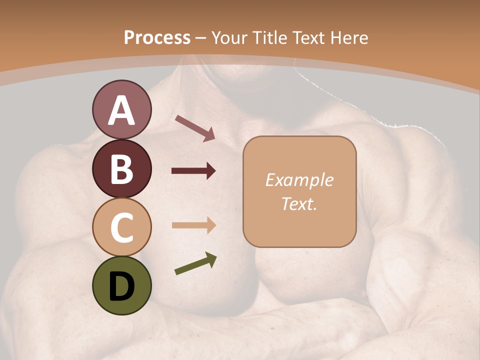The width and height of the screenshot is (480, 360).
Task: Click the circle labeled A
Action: coord(121,109)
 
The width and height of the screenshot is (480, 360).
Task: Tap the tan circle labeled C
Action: coord(121,227)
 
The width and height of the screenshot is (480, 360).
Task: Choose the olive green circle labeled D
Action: coord(121,285)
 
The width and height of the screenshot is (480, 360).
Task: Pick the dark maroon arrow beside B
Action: coord(193,171)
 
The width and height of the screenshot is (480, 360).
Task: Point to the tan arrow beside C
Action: coord(193,225)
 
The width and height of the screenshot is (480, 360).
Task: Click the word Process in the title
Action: coord(157,38)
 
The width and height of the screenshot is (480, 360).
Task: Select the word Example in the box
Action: coord(299,180)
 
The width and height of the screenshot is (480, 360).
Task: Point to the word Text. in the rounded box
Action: coord(299,203)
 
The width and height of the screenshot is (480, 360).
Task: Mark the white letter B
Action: coord(121,168)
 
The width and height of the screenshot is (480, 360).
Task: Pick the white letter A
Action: coord(121,110)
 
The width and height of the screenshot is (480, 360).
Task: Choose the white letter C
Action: coord(121,227)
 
